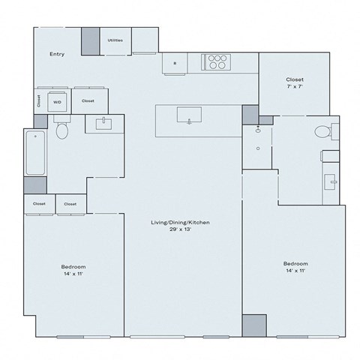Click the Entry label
(57, 54)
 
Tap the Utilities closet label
(115, 40)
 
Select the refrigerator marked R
(175, 64)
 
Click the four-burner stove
(217, 62)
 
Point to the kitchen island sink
(189, 115)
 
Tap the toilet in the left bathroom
(62, 132)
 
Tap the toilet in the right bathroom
(323, 133)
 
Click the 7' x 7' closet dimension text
(294, 88)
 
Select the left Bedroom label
(73, 267)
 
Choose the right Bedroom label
(295, 263)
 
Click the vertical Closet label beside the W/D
(38, 101)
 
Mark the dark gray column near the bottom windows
(254, 325)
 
